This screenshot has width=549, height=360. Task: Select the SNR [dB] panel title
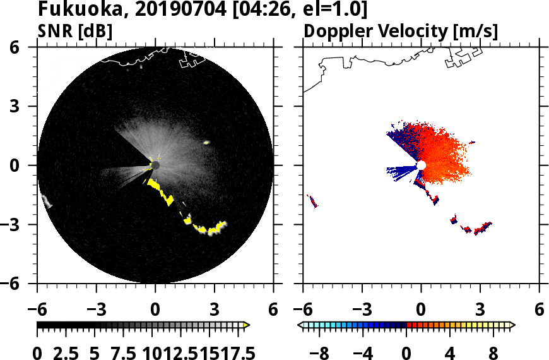tap(75, 31)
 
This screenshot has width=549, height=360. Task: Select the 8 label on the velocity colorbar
tap(493, 352)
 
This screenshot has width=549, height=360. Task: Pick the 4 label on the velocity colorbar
tap(450, 352)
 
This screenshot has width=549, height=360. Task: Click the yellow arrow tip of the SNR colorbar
tap(247, 325)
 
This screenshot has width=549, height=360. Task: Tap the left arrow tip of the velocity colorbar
tap(300, 325)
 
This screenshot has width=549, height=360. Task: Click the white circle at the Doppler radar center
tap(421, 165)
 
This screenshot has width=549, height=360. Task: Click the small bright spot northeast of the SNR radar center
tap(206, 143)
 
